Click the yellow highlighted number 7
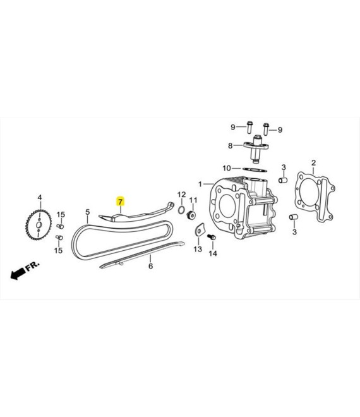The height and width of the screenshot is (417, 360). coord(121,202)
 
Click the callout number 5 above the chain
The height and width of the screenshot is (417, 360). coord(88,212)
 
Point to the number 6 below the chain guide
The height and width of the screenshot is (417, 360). coord(151,266)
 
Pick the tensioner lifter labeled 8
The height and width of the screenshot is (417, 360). coord(256,149)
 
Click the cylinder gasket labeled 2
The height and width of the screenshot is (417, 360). coord(315,196)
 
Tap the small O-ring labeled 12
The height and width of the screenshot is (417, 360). coord(181,210)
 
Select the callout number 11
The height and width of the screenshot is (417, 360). coord(193,200)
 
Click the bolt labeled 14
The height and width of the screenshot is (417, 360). coord(212,237)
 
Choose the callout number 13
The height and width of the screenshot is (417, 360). coord(198,249)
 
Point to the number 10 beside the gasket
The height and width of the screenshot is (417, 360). coord(227,168)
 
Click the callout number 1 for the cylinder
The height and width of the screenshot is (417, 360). coord(200,184)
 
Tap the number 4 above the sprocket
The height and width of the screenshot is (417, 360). coord(40,198)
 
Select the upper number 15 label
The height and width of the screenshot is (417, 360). coord(61,214)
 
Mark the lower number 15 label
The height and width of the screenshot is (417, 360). coord(59,250)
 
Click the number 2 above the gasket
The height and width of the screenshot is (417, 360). coord(314,163)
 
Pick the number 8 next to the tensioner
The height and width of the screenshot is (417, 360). coord(231,146)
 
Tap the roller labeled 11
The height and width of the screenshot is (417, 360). coord(192,215)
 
